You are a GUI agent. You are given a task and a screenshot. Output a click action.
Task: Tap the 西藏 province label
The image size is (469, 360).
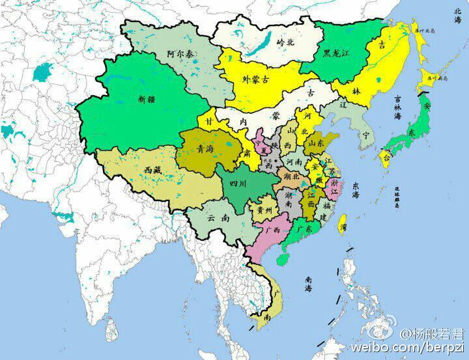pos(149,171)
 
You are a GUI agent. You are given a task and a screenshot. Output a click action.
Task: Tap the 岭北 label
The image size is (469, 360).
pos(286,41)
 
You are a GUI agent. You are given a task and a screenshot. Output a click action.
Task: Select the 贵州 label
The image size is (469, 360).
pos(264,210)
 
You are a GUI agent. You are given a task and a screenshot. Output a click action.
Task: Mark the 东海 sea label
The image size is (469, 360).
pos(357,190)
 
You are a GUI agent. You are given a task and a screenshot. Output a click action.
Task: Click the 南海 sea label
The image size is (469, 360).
pos(312,283)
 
